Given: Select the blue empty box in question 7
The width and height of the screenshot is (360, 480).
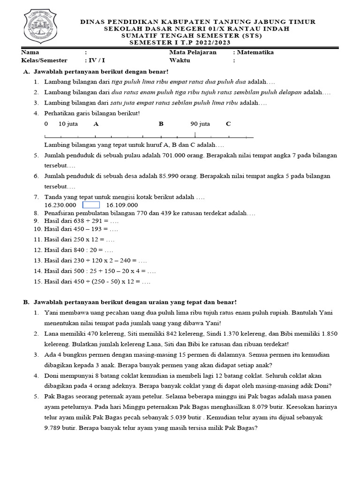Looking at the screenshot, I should [x=91, y=205].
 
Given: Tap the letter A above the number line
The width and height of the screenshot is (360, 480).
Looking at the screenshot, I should [x=96, y=124].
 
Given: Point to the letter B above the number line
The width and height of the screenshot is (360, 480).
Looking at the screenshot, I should [x=161, y=124].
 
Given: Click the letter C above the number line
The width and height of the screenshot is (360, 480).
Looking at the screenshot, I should [x=228, y=124].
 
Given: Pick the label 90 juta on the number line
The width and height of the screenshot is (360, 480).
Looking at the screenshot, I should [x=200, y=124].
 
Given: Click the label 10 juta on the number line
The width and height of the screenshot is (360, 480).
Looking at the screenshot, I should [x=68, y=124].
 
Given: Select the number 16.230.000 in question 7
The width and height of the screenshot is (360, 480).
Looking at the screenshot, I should [x=60, y=205].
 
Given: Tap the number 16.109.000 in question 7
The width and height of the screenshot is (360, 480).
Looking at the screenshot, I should [x=122, y=205].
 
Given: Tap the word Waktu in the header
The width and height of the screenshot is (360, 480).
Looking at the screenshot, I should [x=180, y=60].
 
